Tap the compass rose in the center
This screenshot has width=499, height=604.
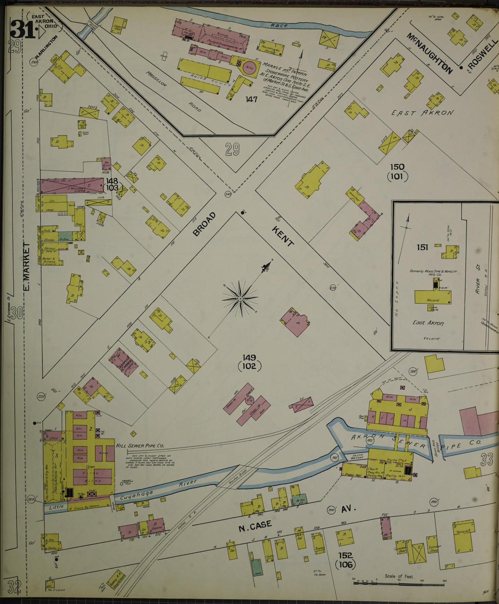pyautogui.click(x=240, y=298)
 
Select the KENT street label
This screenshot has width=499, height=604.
pyautogui.click(x=282, y=237)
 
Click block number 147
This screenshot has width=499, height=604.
pyautogui.click(x=251, y=100)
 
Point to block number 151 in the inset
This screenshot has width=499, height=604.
pyautogui.click(x=422, y=247)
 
